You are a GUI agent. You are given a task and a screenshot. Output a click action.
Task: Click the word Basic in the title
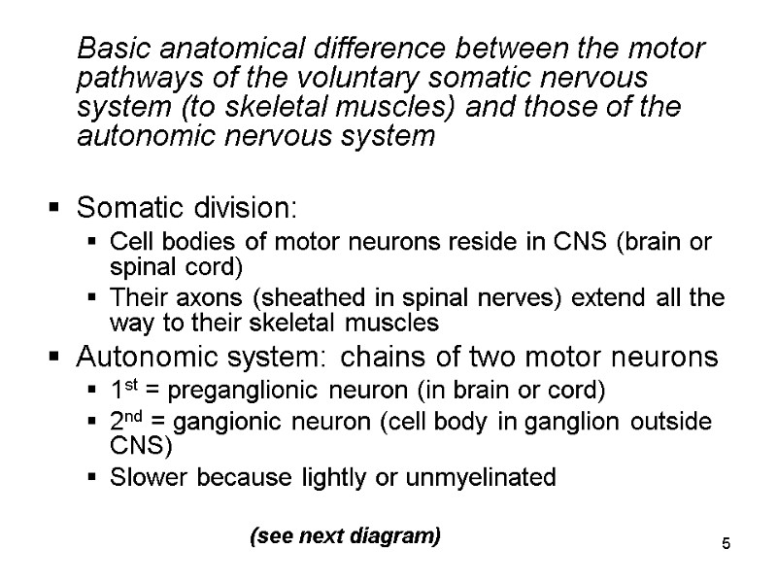point(110,49)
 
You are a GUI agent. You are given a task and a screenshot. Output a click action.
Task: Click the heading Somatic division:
point(188,208)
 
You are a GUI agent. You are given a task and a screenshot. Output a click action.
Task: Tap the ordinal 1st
point(122,391)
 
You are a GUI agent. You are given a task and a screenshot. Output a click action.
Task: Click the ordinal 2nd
point(127,424)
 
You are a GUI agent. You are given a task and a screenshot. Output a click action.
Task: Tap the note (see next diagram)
point(345,535)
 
